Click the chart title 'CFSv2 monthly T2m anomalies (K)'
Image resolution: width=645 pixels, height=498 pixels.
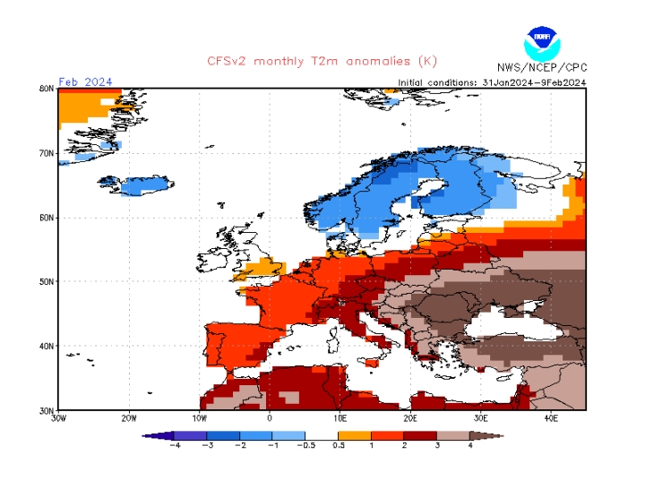(322, 61)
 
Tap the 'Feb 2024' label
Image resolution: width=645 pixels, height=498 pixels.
(85, 82)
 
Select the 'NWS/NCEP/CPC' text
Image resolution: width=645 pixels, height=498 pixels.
(541, 67)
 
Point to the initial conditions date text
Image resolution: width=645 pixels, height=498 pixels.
(492, 82)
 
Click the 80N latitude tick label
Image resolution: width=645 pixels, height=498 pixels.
(47, 89)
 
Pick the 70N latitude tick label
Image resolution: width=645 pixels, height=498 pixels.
(47, 153)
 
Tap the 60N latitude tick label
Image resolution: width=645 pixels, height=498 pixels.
(47, 218)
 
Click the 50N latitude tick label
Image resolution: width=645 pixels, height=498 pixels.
(47, 281)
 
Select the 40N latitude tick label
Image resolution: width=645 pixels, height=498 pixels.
(47, 346)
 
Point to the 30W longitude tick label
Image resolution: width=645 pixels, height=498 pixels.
(58, 418)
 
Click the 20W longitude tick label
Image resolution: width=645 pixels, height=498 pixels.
(128, 418)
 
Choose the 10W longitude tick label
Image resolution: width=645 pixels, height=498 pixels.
(199, 418)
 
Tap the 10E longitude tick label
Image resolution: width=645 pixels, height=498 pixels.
(340, 418)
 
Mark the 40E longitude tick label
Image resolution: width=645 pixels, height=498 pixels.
(551, 418)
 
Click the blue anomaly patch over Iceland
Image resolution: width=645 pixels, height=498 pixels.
(143, 186)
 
